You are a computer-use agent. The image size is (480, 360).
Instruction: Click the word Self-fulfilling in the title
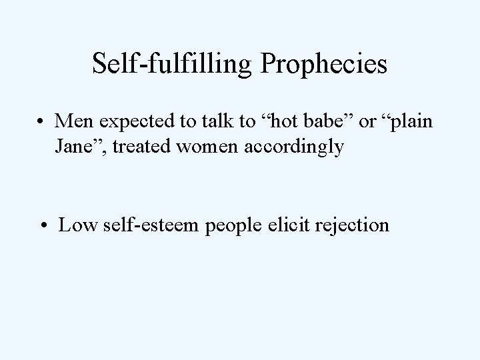(x=171, y=65)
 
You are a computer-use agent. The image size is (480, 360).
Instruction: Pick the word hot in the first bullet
(x=273, y=123)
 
